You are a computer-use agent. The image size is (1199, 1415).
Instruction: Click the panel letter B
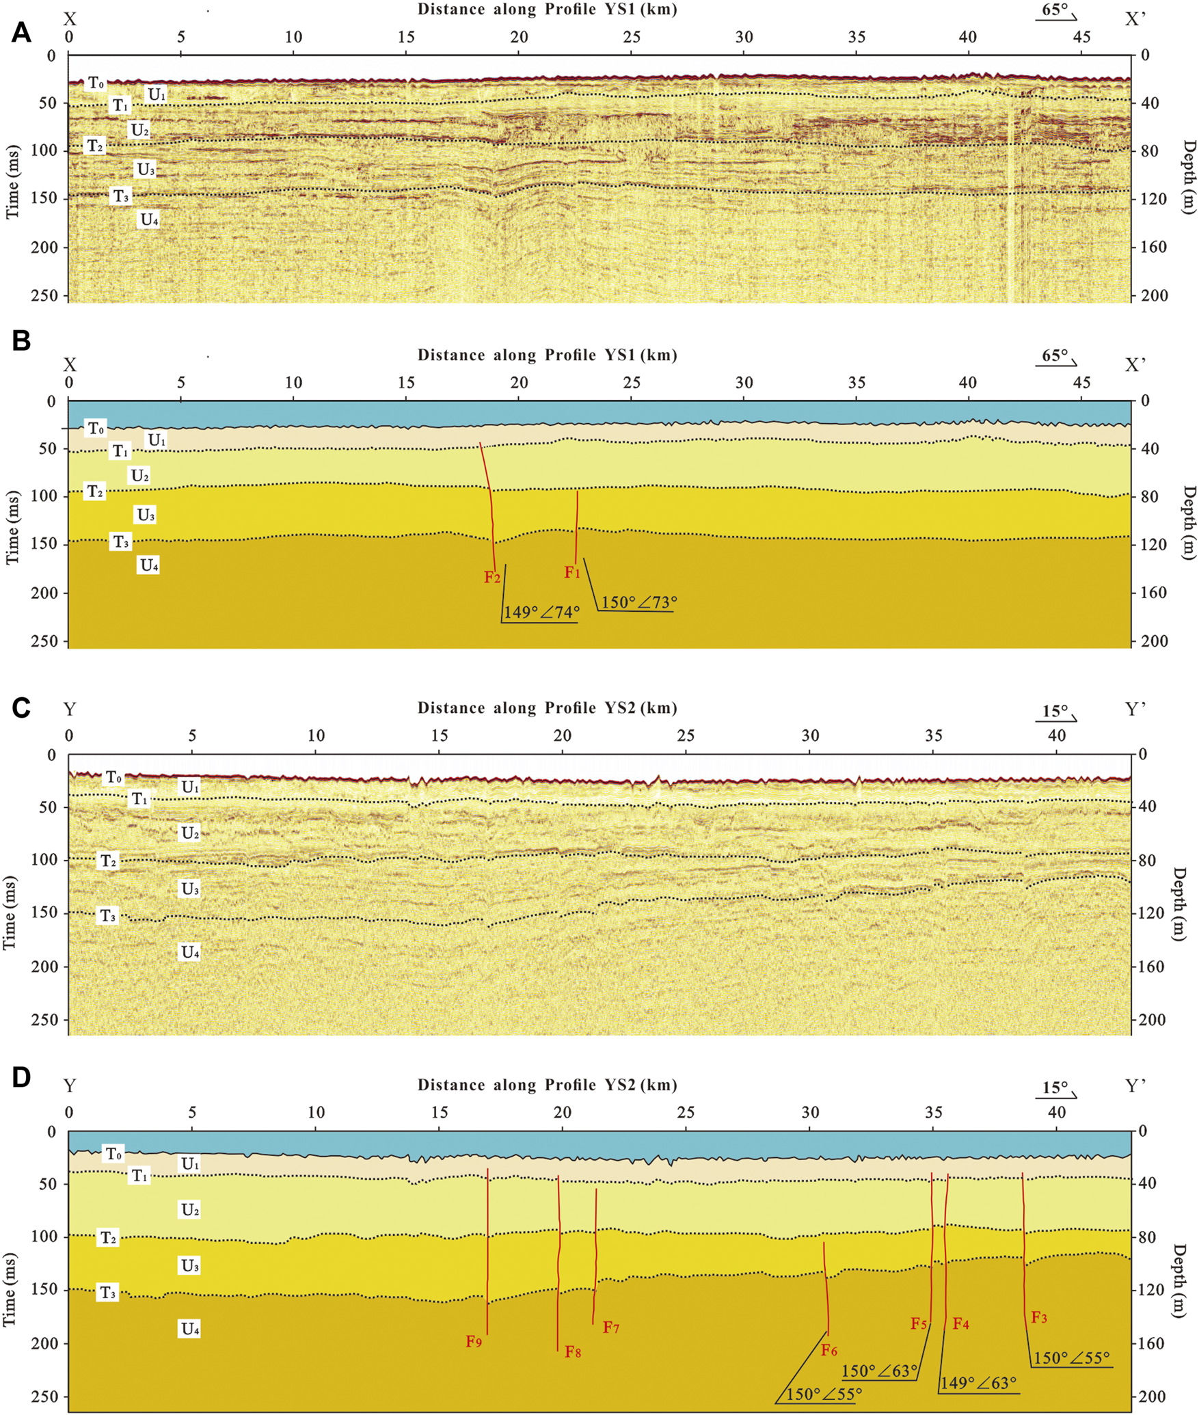(21, 340)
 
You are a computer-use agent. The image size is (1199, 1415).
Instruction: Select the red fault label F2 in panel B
(492, 577)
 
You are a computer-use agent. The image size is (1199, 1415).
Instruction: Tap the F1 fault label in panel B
(572, 572)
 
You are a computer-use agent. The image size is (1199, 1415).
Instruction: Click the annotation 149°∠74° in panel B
(541, 612)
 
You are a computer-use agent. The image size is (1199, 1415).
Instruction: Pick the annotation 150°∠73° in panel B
(639, 602)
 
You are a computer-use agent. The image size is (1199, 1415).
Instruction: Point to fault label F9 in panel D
(474, 1341)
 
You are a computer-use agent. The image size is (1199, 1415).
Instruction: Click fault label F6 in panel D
(829, 1350)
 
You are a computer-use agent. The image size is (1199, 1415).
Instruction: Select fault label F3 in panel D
(1039, 1317)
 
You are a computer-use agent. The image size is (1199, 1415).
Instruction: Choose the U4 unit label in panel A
(150, 219)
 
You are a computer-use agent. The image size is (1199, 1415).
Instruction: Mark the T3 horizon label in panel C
(107, 915)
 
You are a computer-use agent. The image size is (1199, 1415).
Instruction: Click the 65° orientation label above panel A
(1055, 10)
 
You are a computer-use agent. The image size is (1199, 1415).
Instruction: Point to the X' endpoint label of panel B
(1135, 365)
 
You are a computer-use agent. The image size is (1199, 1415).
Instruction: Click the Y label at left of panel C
(69, 710)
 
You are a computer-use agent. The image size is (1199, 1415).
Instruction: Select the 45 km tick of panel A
(1081, 37)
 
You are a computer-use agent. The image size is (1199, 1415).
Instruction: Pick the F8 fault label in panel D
(573, 1351)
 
